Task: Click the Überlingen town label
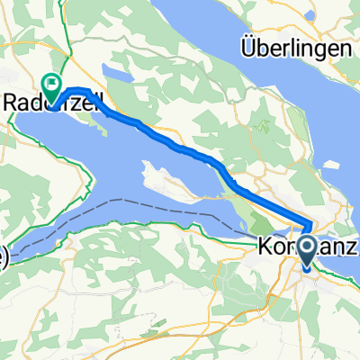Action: (x=296, y=47)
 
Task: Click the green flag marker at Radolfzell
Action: (x=53, y=87)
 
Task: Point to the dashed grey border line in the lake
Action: (x=162, y=216)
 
